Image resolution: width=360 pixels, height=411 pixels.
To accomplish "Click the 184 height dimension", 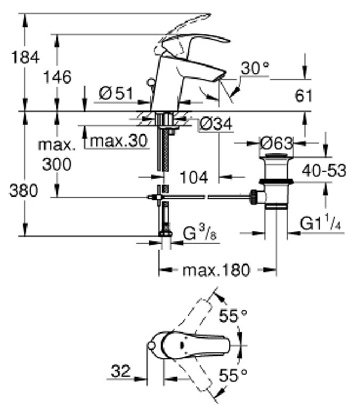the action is click(26, 57).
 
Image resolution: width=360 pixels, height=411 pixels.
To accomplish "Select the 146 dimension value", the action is click(57, 77).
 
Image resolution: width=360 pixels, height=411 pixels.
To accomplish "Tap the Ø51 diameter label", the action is click(116, 93).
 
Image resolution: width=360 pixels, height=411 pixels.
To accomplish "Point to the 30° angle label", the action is click(255, 68).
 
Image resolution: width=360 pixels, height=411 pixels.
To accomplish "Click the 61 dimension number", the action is click(303, 96).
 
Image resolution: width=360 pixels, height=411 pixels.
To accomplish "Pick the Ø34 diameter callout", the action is click(216, 124).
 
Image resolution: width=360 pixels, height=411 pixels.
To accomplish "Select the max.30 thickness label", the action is click(119, 140).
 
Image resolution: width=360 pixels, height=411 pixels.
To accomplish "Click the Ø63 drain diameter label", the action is click(276, 144).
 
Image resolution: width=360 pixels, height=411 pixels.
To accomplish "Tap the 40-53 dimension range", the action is click(324, 170).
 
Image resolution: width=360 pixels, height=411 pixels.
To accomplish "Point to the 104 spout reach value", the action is click(194, 177).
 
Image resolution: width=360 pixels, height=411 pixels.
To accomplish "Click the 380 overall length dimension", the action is click(24, 191).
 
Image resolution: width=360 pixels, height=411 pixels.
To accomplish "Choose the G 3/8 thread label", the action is click(200, 233).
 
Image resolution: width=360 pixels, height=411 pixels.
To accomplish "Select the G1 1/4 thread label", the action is click(320, 223).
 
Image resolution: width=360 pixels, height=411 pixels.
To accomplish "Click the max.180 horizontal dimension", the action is click(216, 270).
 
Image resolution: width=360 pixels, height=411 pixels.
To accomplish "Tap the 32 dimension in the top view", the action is click(121, 371).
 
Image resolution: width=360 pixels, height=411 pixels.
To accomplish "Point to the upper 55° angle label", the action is click(233, 315).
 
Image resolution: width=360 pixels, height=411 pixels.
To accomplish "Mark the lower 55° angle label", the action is click(233, 375).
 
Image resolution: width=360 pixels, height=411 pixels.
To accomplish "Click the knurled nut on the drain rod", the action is click(254, 196).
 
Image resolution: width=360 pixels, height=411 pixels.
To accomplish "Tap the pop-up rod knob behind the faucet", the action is click(151, 82).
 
